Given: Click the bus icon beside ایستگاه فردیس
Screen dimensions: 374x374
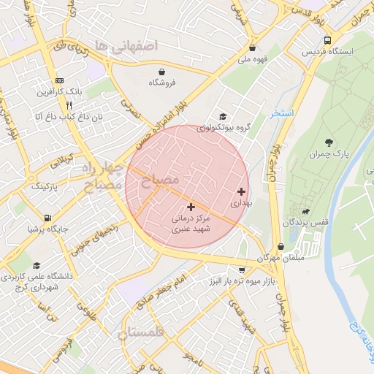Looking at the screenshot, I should (327, 41).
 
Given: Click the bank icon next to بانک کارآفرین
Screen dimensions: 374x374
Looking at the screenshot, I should (58, 81).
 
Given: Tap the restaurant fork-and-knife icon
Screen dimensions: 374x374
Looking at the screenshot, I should (58, 104).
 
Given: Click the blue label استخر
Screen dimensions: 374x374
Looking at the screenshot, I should (281, 114).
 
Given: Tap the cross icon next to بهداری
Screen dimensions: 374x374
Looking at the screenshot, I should (242, 191).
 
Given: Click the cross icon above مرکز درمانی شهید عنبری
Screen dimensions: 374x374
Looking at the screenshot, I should (191, 207).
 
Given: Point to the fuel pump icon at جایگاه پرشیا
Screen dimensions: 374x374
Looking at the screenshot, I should (47, 217).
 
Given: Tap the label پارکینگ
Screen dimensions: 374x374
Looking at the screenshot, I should (46, 187).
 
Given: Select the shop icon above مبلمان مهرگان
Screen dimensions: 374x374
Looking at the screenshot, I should (282, 248).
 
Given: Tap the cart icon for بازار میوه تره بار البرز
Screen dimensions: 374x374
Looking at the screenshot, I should (242, 270).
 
